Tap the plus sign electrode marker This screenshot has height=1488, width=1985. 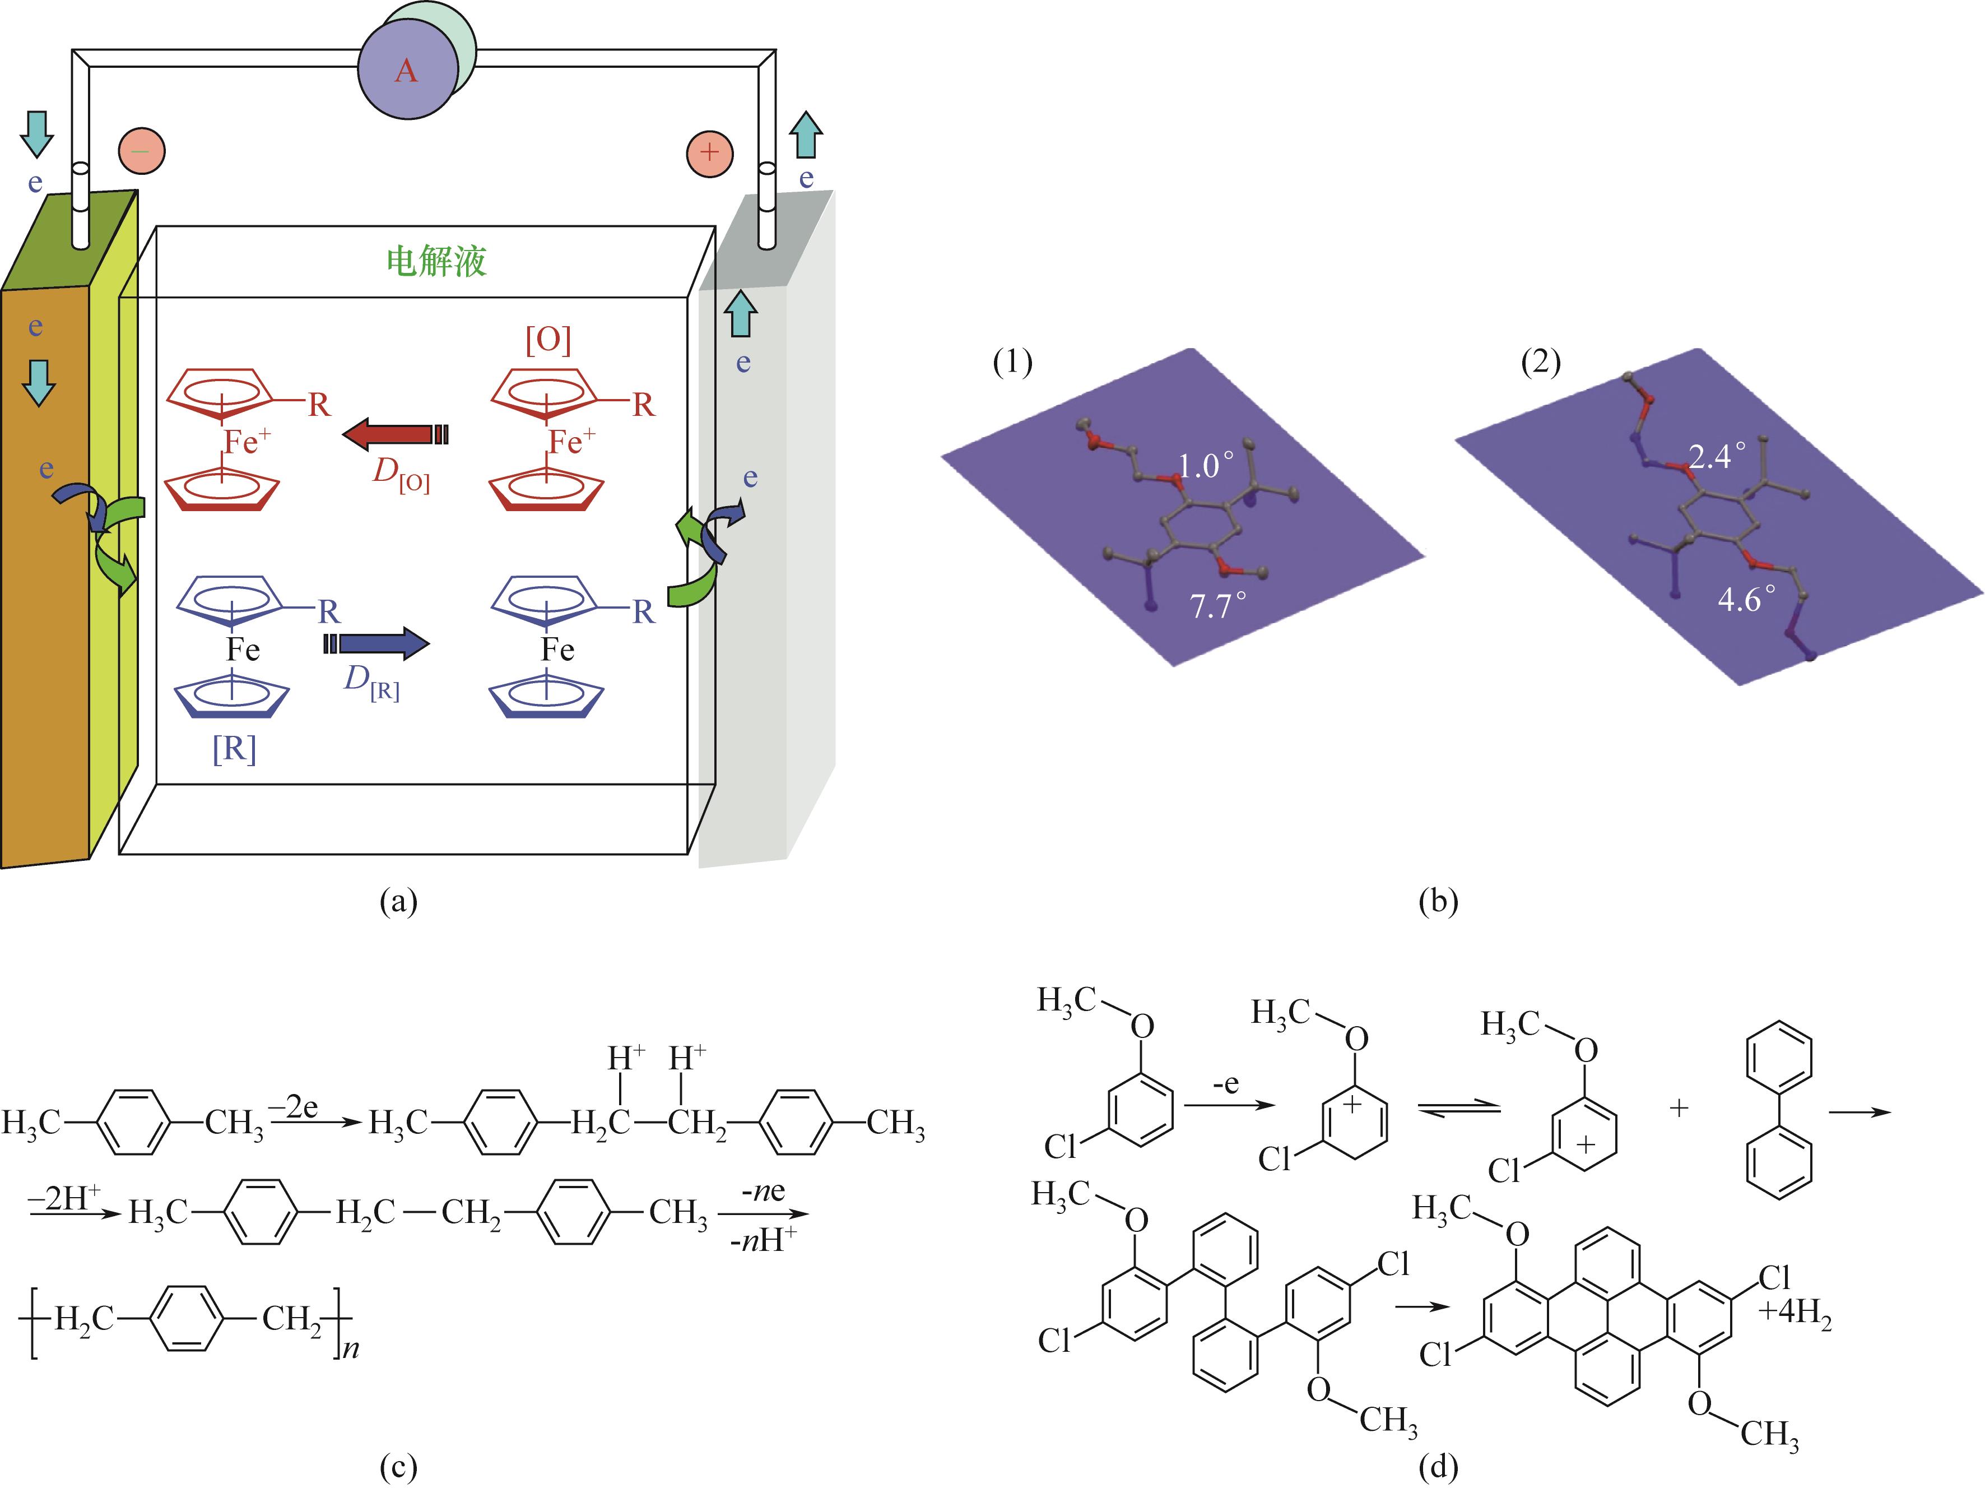[709, 152]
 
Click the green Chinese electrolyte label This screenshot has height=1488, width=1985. [436, 261]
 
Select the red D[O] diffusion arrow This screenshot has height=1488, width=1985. [396, 435]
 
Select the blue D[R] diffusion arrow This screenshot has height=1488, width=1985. [377, 643]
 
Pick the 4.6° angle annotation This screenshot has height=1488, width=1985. [1745, 599]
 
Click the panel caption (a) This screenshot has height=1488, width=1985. [398, 900]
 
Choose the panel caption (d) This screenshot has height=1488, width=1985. [1439, 1467]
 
